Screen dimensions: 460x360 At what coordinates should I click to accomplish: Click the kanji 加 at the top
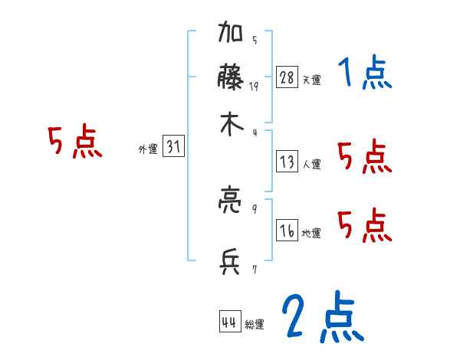click(231, 35)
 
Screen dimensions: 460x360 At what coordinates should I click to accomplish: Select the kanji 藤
click(231, 79)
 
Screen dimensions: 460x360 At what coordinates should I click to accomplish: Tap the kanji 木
click(231, 126)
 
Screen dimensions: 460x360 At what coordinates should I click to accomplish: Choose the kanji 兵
click(231, 263)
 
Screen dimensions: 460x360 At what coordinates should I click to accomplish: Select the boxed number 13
click(287, 162)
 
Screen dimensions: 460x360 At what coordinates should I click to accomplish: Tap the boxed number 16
click(287, 231)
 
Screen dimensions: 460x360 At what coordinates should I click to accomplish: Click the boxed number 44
click(229, 322)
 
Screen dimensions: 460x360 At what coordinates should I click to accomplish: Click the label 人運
click(312, 164)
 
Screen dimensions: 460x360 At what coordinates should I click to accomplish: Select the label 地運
click(312, 233)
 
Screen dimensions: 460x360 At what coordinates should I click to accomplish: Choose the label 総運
click(255, 325)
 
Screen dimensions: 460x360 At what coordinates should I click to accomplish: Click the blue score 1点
click(365, 75)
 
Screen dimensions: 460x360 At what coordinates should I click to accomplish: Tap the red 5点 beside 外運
click(75, 143)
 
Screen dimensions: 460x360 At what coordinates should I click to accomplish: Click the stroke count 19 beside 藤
click(254, 87)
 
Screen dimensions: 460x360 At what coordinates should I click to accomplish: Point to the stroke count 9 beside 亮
click(255, 207)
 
